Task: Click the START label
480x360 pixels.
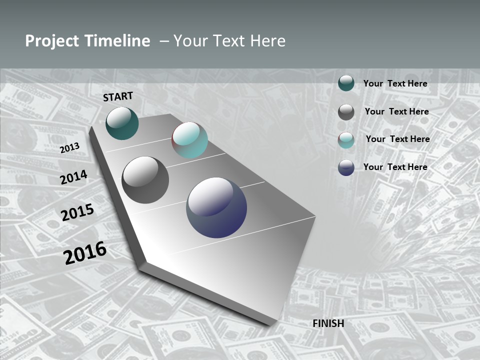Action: (x=118, y=96)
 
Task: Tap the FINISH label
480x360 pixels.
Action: (x=328, y=323)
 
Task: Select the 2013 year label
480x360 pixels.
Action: (x=69, y=148)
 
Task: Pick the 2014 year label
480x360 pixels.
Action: (x=73, y=177)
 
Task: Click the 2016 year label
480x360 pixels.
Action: (x=85, y=253)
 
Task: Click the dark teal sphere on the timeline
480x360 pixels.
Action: (x=122, y=123)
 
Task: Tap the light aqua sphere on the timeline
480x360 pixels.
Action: (x=189, y=140)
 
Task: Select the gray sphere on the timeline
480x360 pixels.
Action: (x=145, y=179)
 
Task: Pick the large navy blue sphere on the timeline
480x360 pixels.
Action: (x=216, y=207)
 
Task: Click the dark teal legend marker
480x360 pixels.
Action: (x=346, y=83)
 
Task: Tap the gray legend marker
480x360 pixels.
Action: (x=346, y=112)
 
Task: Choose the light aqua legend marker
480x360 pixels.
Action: (x=346, y=140)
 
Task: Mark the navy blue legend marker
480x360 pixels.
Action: (x=346, y=167)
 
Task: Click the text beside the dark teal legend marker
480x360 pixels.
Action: (x=395, y=84)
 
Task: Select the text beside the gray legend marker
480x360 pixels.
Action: (x=396, y=111)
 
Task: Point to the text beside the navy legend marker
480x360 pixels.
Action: (x=395, y=167)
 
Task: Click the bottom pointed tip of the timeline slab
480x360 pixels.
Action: (x=142, y=265)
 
